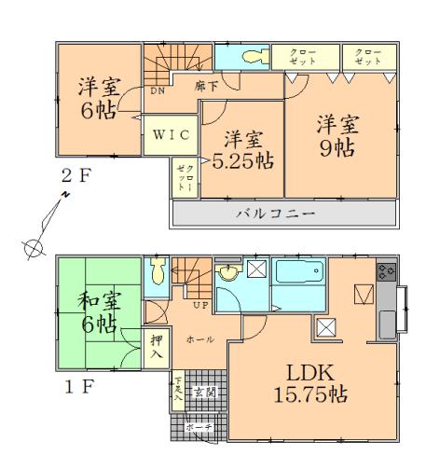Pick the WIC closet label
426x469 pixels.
coord(171,134)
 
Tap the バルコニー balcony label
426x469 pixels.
coord(282,213)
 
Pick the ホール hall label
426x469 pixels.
coord(196,341)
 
